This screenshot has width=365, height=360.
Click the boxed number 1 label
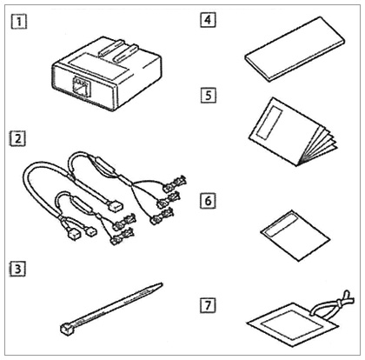pyautogui.click(x=19, y=21)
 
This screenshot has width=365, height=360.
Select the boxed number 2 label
pyautogui.click(x=18, y=138)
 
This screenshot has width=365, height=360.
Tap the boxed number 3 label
pyautogui.click(x=18, y=269)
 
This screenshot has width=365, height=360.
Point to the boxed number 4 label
pyautogui.click(x=208, y=20)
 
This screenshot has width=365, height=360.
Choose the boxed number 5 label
pyautogui.click(x=209, y=96)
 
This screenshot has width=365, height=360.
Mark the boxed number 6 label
pyautogui.click(x=208, y=201)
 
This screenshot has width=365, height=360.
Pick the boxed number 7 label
pyautogui.click(x=208, y=305)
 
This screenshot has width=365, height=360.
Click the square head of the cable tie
pyautogui.click(x=66, y=329)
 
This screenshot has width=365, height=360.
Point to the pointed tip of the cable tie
pyautogui.click(x=161, y=284)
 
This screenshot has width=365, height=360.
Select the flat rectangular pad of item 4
pyautogui.click(x=295, y=49)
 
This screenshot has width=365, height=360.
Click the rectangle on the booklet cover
pyautogui.click(x=269, y=121)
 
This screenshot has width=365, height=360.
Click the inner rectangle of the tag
pyautogui.click(x=292, y=323)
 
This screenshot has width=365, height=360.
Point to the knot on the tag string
pyautogui.click(x=339, y=303)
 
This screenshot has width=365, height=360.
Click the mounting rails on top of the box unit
pyautogui.click(x=118, y=50)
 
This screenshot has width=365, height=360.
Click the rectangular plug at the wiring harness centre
pyautogui.click(x=114, y=206)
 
